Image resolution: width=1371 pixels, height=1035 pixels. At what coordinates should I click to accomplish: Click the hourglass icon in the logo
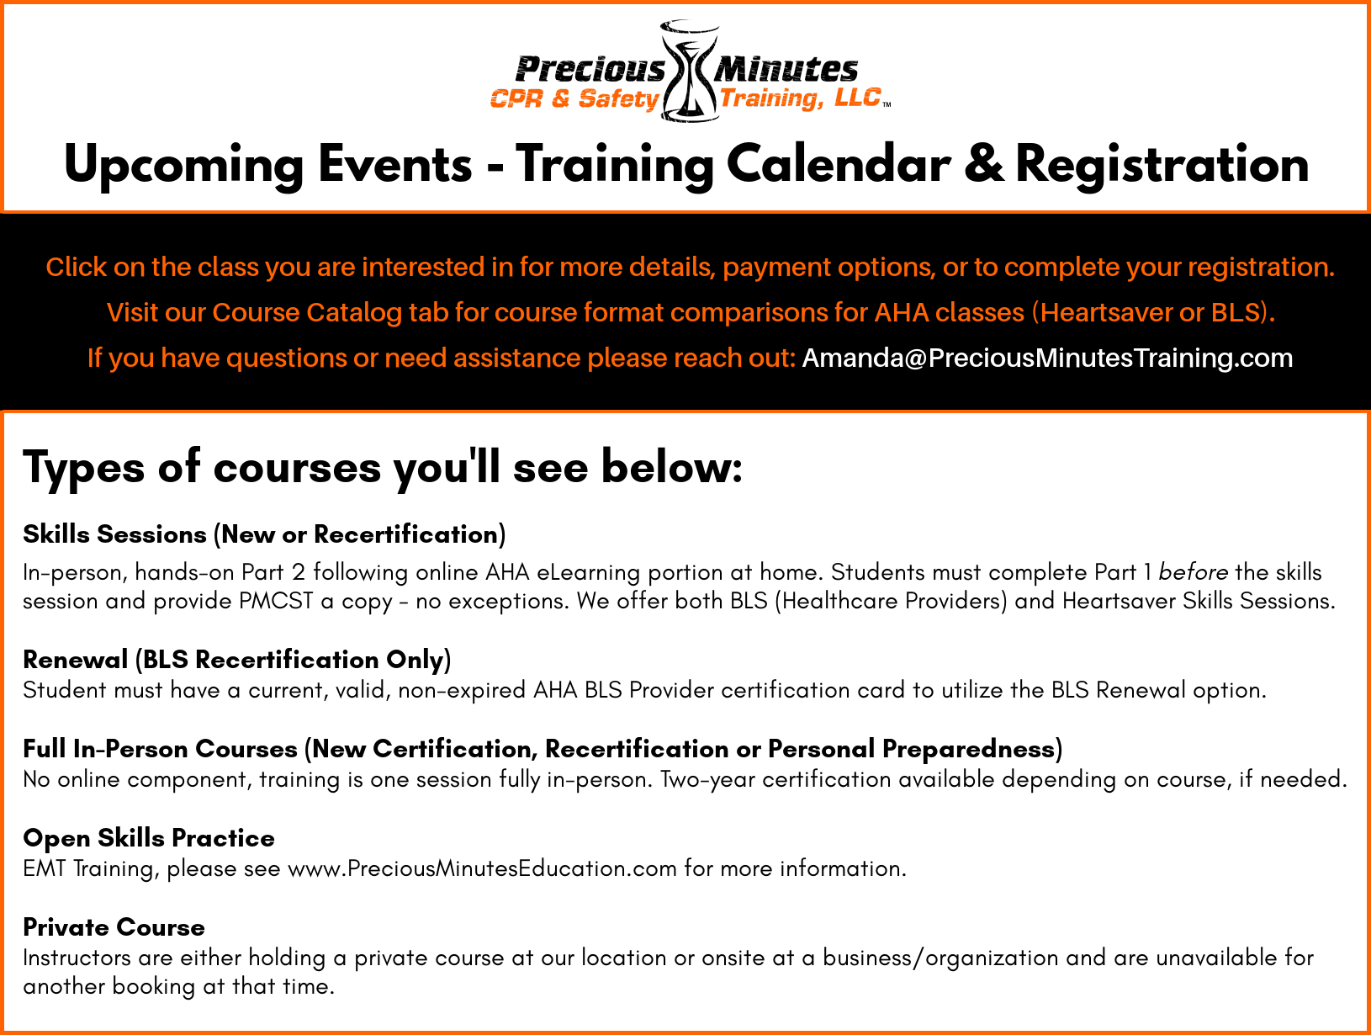[x=690, y=71]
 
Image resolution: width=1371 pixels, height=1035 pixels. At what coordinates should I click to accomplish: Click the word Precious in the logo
[x=590, y=69]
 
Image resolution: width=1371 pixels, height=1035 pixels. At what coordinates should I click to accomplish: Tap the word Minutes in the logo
[x=786, y=69]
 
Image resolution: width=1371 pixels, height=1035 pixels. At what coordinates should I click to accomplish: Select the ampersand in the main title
[x=983, y=163]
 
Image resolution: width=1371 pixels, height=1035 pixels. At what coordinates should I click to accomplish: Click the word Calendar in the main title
[x=839, y=163]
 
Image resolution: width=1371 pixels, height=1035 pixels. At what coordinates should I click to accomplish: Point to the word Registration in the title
[x=1162, y=163]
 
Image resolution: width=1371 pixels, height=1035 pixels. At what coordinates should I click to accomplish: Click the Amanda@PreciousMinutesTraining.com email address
[x=1047, y=358]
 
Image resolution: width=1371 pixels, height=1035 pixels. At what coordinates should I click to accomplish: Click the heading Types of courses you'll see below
[x=382, y=467]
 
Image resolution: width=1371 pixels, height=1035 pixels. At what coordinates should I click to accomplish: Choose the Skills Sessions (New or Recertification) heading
[x=264, y=534]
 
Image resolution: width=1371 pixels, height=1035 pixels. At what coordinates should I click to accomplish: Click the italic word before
[x=1193, y=572]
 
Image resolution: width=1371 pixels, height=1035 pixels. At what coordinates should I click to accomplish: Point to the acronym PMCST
[x=276, y=601]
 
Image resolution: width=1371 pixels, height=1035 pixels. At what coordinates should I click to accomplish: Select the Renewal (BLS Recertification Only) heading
[x=236, y=660]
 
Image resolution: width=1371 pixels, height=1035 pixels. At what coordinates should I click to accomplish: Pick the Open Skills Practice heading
[x=149, y=838]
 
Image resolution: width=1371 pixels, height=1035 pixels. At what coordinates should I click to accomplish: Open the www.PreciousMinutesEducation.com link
[x=482, y=869]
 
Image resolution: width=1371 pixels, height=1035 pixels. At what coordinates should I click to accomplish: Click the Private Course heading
[x=114, y=927]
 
